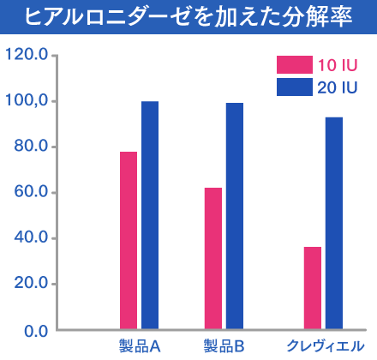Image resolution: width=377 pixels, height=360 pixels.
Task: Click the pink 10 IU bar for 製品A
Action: pos(129,240)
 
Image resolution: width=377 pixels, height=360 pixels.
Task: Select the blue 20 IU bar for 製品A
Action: pos(150,215)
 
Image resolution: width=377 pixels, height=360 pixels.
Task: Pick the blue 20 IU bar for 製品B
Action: pos(235,216)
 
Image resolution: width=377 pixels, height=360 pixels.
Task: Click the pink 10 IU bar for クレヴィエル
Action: pos(313,288)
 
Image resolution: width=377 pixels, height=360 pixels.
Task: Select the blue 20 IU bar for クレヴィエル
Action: pos(334,223)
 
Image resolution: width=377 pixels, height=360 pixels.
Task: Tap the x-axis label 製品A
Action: pos(140,346)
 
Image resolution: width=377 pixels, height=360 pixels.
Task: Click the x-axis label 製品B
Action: pos(224,346)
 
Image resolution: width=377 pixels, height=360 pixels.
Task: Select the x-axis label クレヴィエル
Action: pos(323,346)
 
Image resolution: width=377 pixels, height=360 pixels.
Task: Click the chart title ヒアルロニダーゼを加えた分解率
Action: pos(188,16)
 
